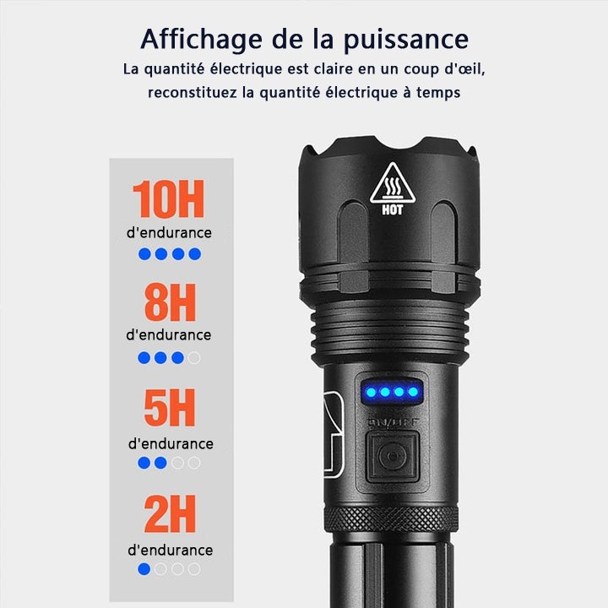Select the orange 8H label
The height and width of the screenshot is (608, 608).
(169, 303)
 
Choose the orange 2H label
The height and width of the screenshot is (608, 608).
(169, 514)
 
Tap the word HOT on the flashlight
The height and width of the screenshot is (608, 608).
(393, 210)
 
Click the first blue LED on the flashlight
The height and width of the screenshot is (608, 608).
(369, 392)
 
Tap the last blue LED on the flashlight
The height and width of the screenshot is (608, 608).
(413, 392)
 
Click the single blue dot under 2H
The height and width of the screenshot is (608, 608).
(144, 569)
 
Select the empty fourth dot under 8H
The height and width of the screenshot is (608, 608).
(194, 357)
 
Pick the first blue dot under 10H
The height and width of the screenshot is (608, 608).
(144, 253)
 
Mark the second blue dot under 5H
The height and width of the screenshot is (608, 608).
(160, 463)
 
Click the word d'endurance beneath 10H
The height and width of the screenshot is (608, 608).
(169, 232)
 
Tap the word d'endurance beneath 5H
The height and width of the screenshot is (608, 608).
(171, 443)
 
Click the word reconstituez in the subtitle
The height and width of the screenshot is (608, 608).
(191, 93)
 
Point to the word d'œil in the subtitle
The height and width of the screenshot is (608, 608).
(460, 68)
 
